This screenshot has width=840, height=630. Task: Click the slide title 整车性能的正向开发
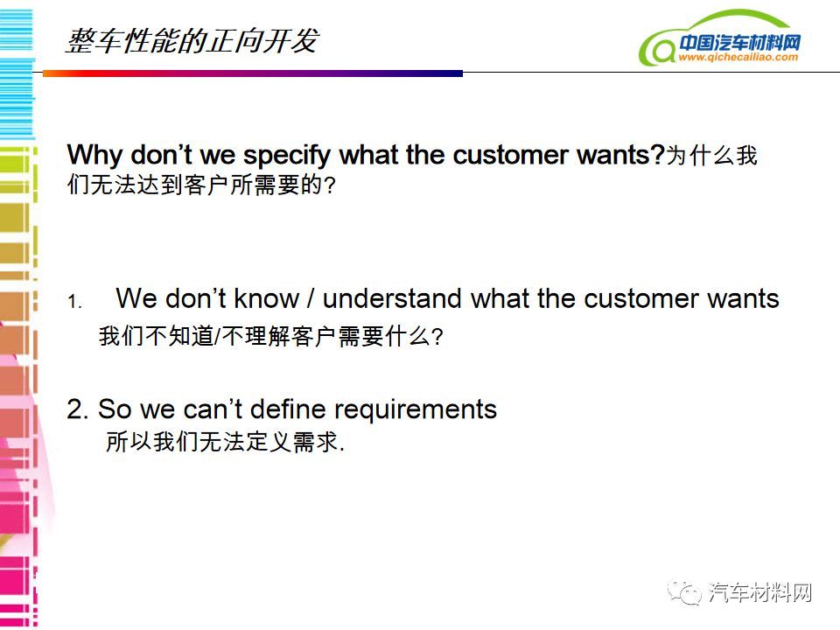pyautogui.click(x=192, y=41)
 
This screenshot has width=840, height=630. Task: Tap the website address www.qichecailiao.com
pyautogui.click(x=738, y=57)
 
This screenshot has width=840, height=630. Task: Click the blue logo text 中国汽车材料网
pyautogui.click(x=740, y=42)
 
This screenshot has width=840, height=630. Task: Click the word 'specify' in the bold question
pyautogui.click(x=287, y=156)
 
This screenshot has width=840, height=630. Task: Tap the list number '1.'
pyautogui.click(x=74, y=302)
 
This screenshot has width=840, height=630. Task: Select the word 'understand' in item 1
pyautogui.click(x=392, y=297)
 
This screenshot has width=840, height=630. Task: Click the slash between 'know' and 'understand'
pyautogui.click(x=311, y=298)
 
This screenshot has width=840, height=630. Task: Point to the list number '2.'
pyautogui.click(x=78, y=409)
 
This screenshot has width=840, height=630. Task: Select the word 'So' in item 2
pyautogui.click(x=115, y=409)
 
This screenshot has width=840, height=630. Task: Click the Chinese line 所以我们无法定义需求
pyautogui.click(x=225, y=442)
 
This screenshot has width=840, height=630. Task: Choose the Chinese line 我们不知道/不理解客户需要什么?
pyautogui.click(x=270, y=336)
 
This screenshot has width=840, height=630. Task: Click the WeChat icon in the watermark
pyautogui.click(x=683, y=592)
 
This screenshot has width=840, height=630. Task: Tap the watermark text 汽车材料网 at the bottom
pyautogui.click(x=759, y=592)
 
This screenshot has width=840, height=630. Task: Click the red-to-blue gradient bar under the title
pyautogui.click(x=253, y=73)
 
